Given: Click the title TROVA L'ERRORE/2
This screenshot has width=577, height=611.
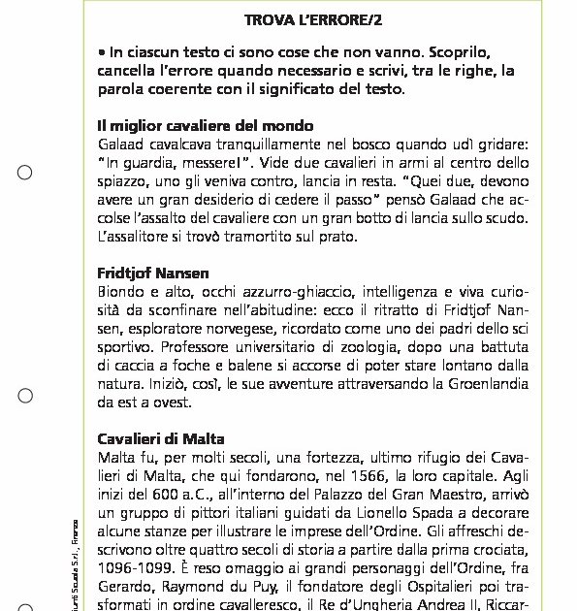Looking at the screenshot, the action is click(x=311, y=18).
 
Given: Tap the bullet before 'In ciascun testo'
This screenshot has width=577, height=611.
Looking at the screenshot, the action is click(x=102, y=52).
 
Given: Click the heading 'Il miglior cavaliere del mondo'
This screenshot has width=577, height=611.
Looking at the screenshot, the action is click(x=205, y=125).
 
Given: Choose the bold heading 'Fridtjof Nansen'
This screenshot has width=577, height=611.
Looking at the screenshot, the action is click(x=153, y=273).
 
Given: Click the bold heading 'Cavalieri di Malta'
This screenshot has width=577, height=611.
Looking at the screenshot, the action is click(x=161, y=438).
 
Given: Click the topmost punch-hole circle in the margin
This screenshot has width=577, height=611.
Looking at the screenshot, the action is click(x=25, y=174).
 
